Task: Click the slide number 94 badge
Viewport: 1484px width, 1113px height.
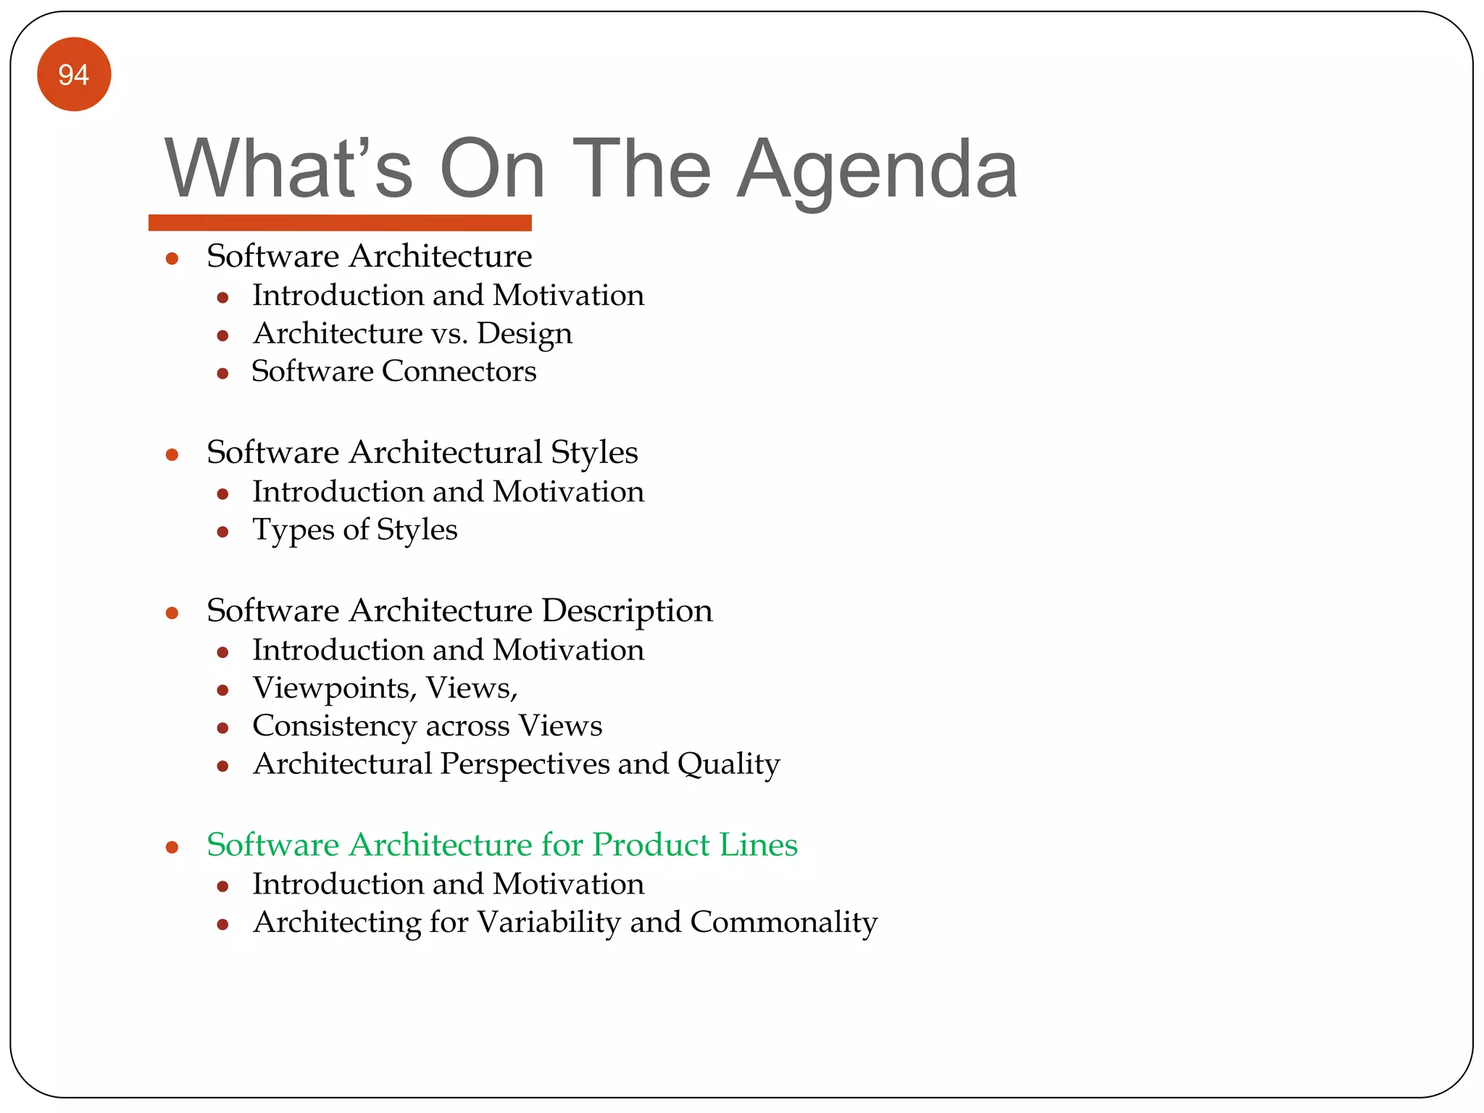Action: point(74,75)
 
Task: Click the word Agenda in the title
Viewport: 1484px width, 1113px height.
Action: point(878,170)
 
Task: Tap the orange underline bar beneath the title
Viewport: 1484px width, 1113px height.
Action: point(340,222)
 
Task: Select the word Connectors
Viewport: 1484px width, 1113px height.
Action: point(459,372)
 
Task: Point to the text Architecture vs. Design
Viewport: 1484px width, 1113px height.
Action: point(412,334)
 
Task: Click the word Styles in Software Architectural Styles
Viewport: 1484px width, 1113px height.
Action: point(594,453)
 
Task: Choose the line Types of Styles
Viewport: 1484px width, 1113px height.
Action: point(354,530)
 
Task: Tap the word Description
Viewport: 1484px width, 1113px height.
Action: point(627,611)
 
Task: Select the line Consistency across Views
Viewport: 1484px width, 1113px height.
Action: point(427,726)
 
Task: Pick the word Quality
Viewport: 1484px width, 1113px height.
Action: point(728,764)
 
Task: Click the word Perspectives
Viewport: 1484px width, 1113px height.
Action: point(525,764)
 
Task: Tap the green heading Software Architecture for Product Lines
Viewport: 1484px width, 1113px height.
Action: point(501,845)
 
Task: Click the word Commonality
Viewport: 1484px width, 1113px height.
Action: point(783,922)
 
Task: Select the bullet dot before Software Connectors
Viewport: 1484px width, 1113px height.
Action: point(223,374)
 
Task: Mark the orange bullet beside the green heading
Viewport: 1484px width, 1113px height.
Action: point(172,847)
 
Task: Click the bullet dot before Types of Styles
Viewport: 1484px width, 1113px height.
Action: point(223,533)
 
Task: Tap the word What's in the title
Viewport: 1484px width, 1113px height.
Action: point(288,170)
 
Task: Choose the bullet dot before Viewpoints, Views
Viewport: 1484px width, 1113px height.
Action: point(223,691)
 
